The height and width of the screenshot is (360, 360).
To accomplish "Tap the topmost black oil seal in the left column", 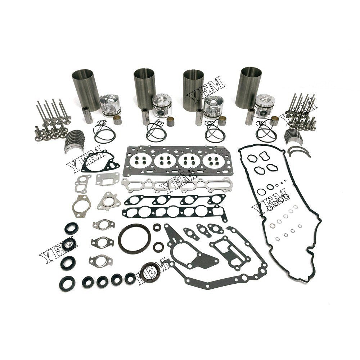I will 71,228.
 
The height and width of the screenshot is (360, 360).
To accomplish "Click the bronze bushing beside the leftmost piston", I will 118,120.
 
